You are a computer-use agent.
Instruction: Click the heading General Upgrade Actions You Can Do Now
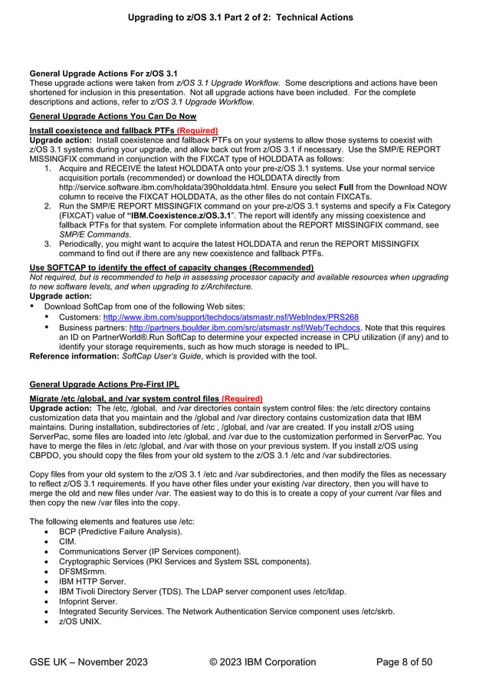[x=113, y=116]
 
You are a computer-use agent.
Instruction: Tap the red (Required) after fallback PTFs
[x=197, y=131]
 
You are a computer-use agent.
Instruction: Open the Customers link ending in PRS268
[x=231, y=317]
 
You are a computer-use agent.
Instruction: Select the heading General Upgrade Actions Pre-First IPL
[x=103, y=384]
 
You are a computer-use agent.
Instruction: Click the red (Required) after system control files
[x=242, y=398]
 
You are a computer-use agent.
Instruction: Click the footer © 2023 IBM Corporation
[x=261, y=662]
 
